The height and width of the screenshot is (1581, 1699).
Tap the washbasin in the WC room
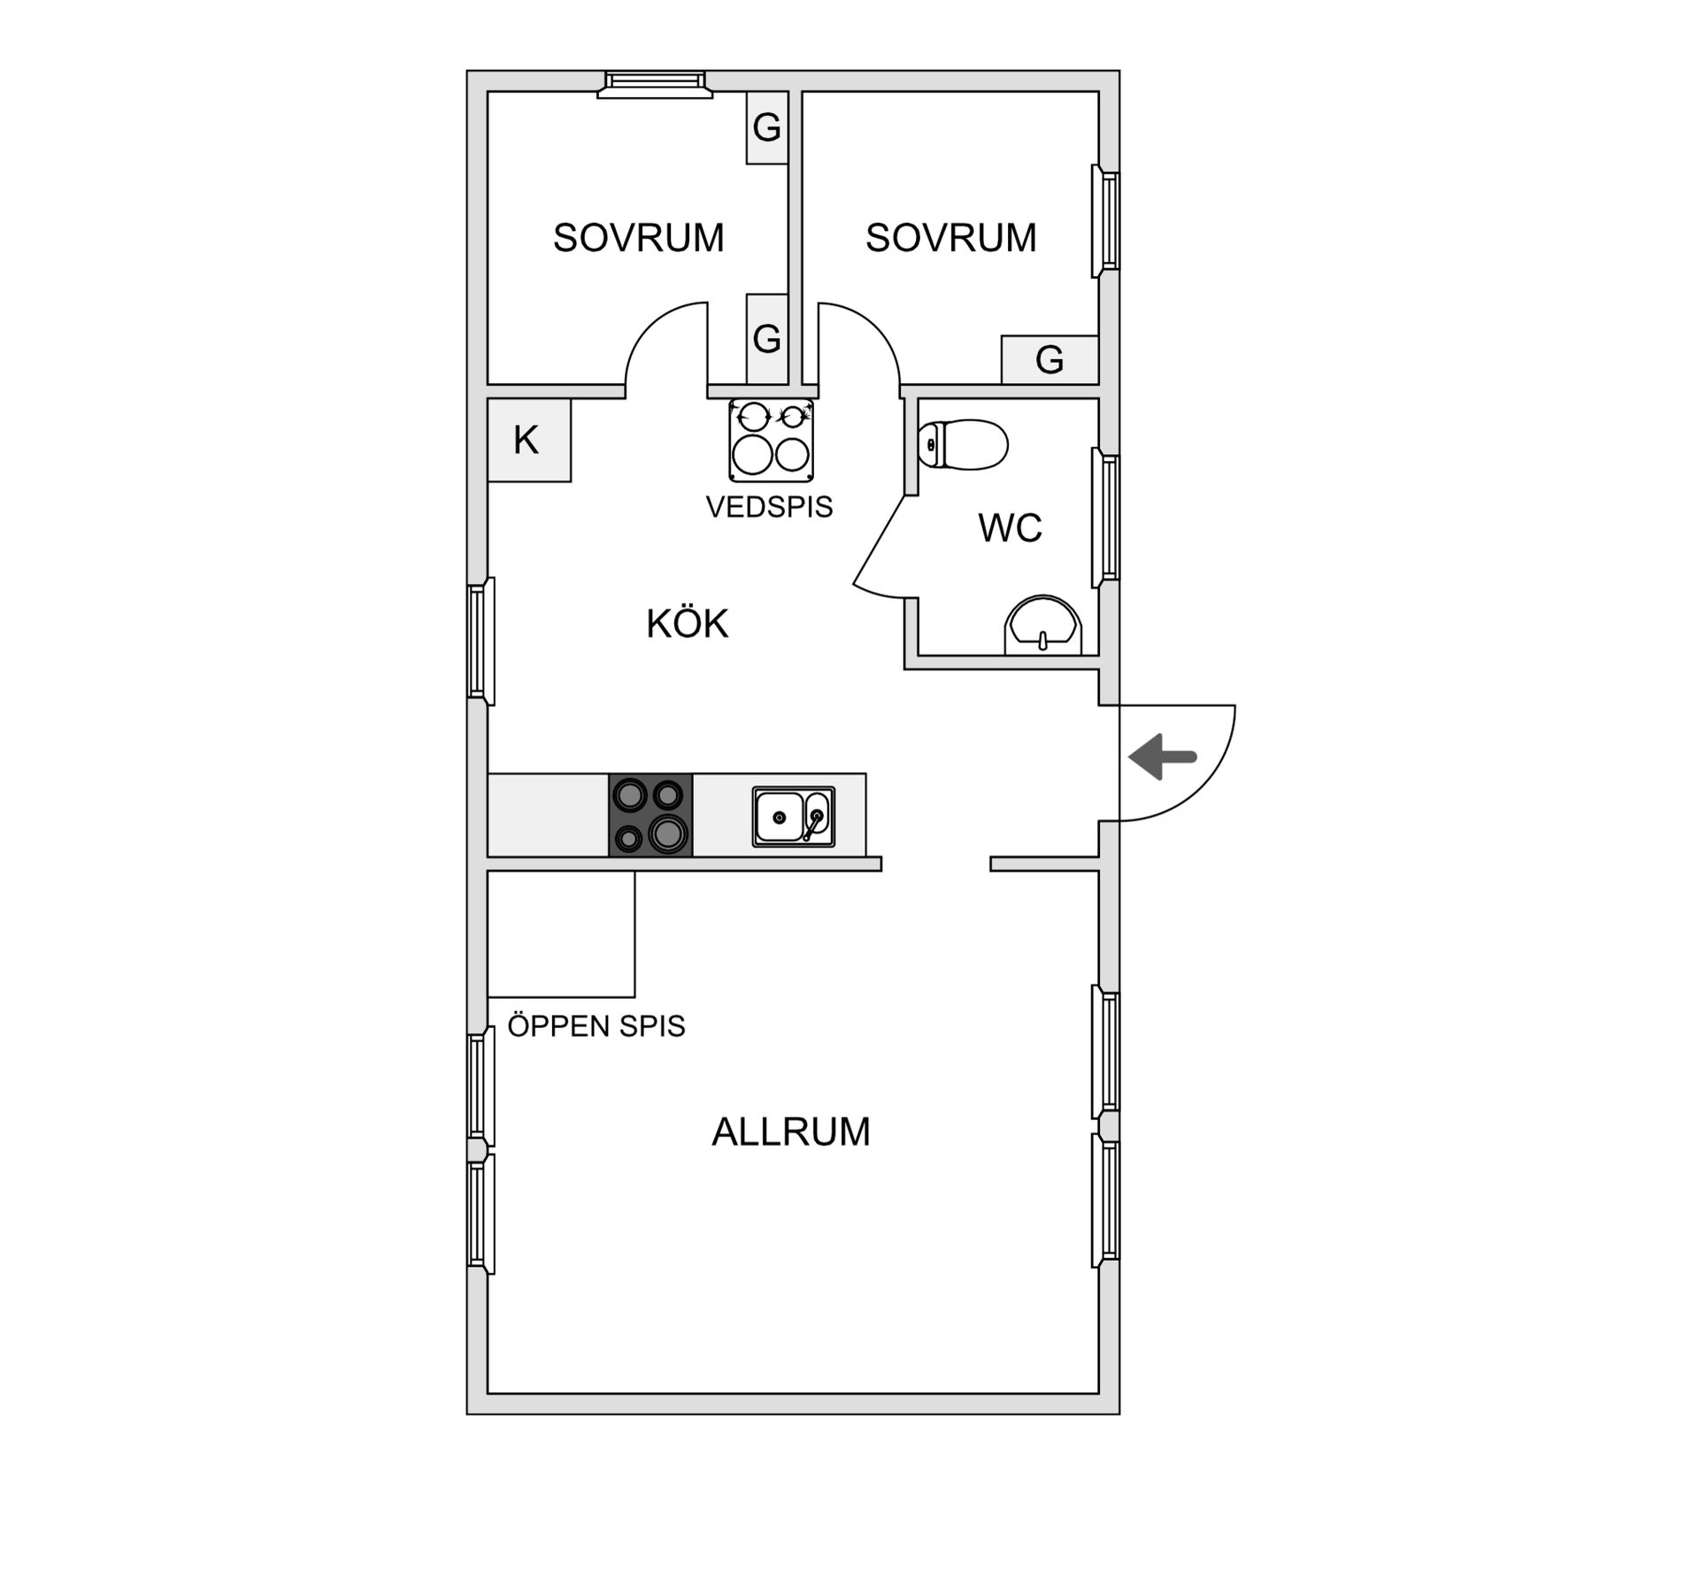point(1043,625)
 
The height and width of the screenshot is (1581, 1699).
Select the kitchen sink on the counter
point(794,817)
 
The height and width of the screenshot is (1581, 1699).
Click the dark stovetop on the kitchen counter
point(650,815)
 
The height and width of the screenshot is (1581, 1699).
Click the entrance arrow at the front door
point(1163,757)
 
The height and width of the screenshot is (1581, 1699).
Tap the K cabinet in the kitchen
point(529,440)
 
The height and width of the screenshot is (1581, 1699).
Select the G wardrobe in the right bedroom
point(1050,360)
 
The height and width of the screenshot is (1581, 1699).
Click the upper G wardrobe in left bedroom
point(767,127)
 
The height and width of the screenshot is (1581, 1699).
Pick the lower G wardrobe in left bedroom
point(767,339)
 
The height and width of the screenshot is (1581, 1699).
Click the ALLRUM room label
point(791,1132)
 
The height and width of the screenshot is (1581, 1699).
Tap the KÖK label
point(687,624)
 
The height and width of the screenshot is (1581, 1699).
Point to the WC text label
point(1010,527)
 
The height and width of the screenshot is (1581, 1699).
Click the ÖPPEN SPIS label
point(596,1025)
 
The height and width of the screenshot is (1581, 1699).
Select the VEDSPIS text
point(769,507)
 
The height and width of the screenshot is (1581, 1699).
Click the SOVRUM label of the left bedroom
point(638,237)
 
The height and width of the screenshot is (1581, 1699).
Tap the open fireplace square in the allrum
point(561,934)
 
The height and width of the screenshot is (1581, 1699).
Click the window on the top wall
point(655,83)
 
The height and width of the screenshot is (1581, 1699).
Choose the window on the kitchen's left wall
point(480,641)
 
